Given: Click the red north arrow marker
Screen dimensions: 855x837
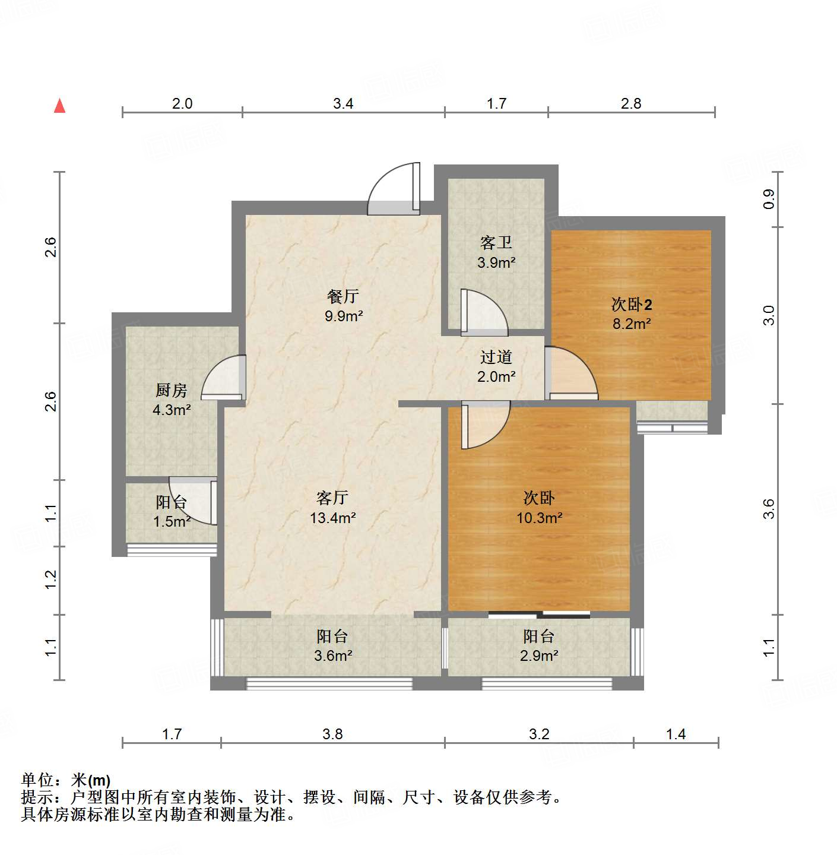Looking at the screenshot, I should [x=59, y=106].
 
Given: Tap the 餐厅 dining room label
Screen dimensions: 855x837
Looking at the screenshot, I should [x=343, y=296].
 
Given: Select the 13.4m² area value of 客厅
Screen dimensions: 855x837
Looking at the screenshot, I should [x=332, y=518].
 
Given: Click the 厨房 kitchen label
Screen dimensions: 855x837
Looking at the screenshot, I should [x=171, y=390].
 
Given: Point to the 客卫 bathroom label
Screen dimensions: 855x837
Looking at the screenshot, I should [x=496, y=243].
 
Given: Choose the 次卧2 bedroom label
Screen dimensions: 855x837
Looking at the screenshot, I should [x=632, y=305].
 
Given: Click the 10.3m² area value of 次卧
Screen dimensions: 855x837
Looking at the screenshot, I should [x=539, y=518].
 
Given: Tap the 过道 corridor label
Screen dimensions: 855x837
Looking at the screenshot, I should [x=496, y=357].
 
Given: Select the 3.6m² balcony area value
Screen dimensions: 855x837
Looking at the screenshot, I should [x=332, y=656].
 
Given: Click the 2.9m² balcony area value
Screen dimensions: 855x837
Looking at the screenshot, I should [x=539, y=656].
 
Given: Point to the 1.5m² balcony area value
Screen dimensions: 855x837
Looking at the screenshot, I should [x=172, y=521].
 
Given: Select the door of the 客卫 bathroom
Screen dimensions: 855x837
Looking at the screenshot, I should [x=483, y=311].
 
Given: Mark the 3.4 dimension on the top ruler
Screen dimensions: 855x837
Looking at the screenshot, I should [x=343, y=104].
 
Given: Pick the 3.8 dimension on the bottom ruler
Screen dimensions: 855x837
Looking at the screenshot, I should [x=332, y=734].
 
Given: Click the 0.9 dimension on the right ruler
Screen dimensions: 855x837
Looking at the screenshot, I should [x=769, y=199].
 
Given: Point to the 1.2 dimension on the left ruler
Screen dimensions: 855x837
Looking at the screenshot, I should [x=51, y=579].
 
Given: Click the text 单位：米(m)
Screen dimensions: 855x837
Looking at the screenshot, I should [x=66, y=780].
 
